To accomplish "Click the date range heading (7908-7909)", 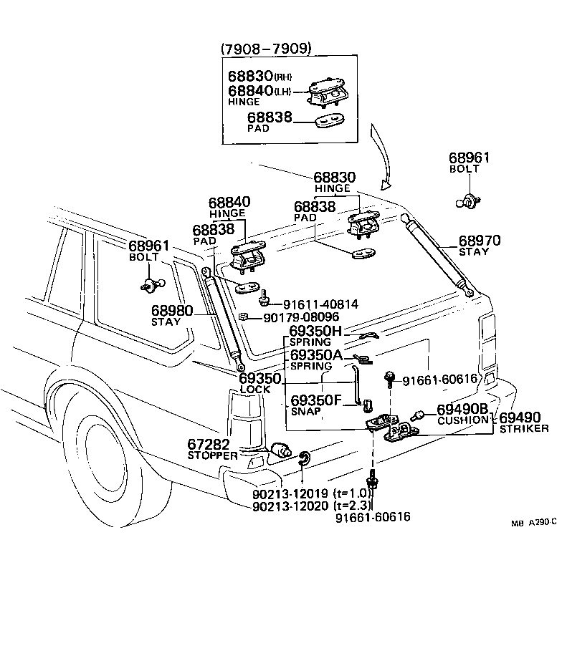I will (x=265, y=49).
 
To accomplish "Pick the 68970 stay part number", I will (x=480, y=241).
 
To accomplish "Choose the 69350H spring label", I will (x=315, y=332).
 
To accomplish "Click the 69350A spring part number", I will (x=315, y=355).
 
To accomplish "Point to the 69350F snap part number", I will (x=315, y=400).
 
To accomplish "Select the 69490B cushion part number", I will (x=463, y=408).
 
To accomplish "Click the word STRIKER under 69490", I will (x=524, y=428).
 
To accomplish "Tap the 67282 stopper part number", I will (x=213, y=444).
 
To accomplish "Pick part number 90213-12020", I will (x=290, y=506).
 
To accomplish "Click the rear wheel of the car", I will (x=100, y=458).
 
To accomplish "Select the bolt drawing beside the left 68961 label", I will (x=150, y=284).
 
